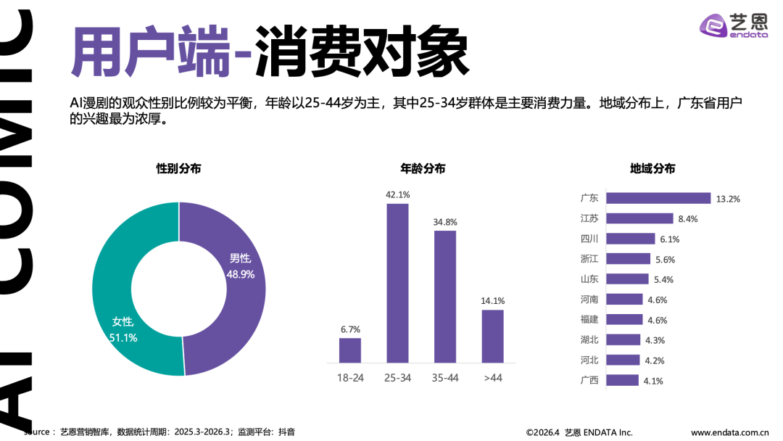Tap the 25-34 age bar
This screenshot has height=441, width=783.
[x=397, y=283]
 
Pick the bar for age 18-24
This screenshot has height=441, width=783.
[x=350, y=350]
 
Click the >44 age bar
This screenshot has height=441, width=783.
[x=492, y=336]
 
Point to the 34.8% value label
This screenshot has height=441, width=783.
[x=445, y=222]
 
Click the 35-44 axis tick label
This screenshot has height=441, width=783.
[x=445, y=378]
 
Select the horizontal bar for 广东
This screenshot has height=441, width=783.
[x=658, y=198]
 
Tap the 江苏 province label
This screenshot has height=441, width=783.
[x=589, y=218]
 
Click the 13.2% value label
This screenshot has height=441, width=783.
[x=727, y=199]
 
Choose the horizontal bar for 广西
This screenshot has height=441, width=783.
[x=622, y=380]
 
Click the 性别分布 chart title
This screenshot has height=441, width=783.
[x=178, y=168]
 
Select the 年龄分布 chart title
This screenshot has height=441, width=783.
[x=423, y=168]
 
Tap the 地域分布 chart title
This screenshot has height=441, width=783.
[x=652, y=168]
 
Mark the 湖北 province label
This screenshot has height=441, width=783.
[x=589, y=339]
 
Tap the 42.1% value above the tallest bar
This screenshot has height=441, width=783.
[x=397, y=194]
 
